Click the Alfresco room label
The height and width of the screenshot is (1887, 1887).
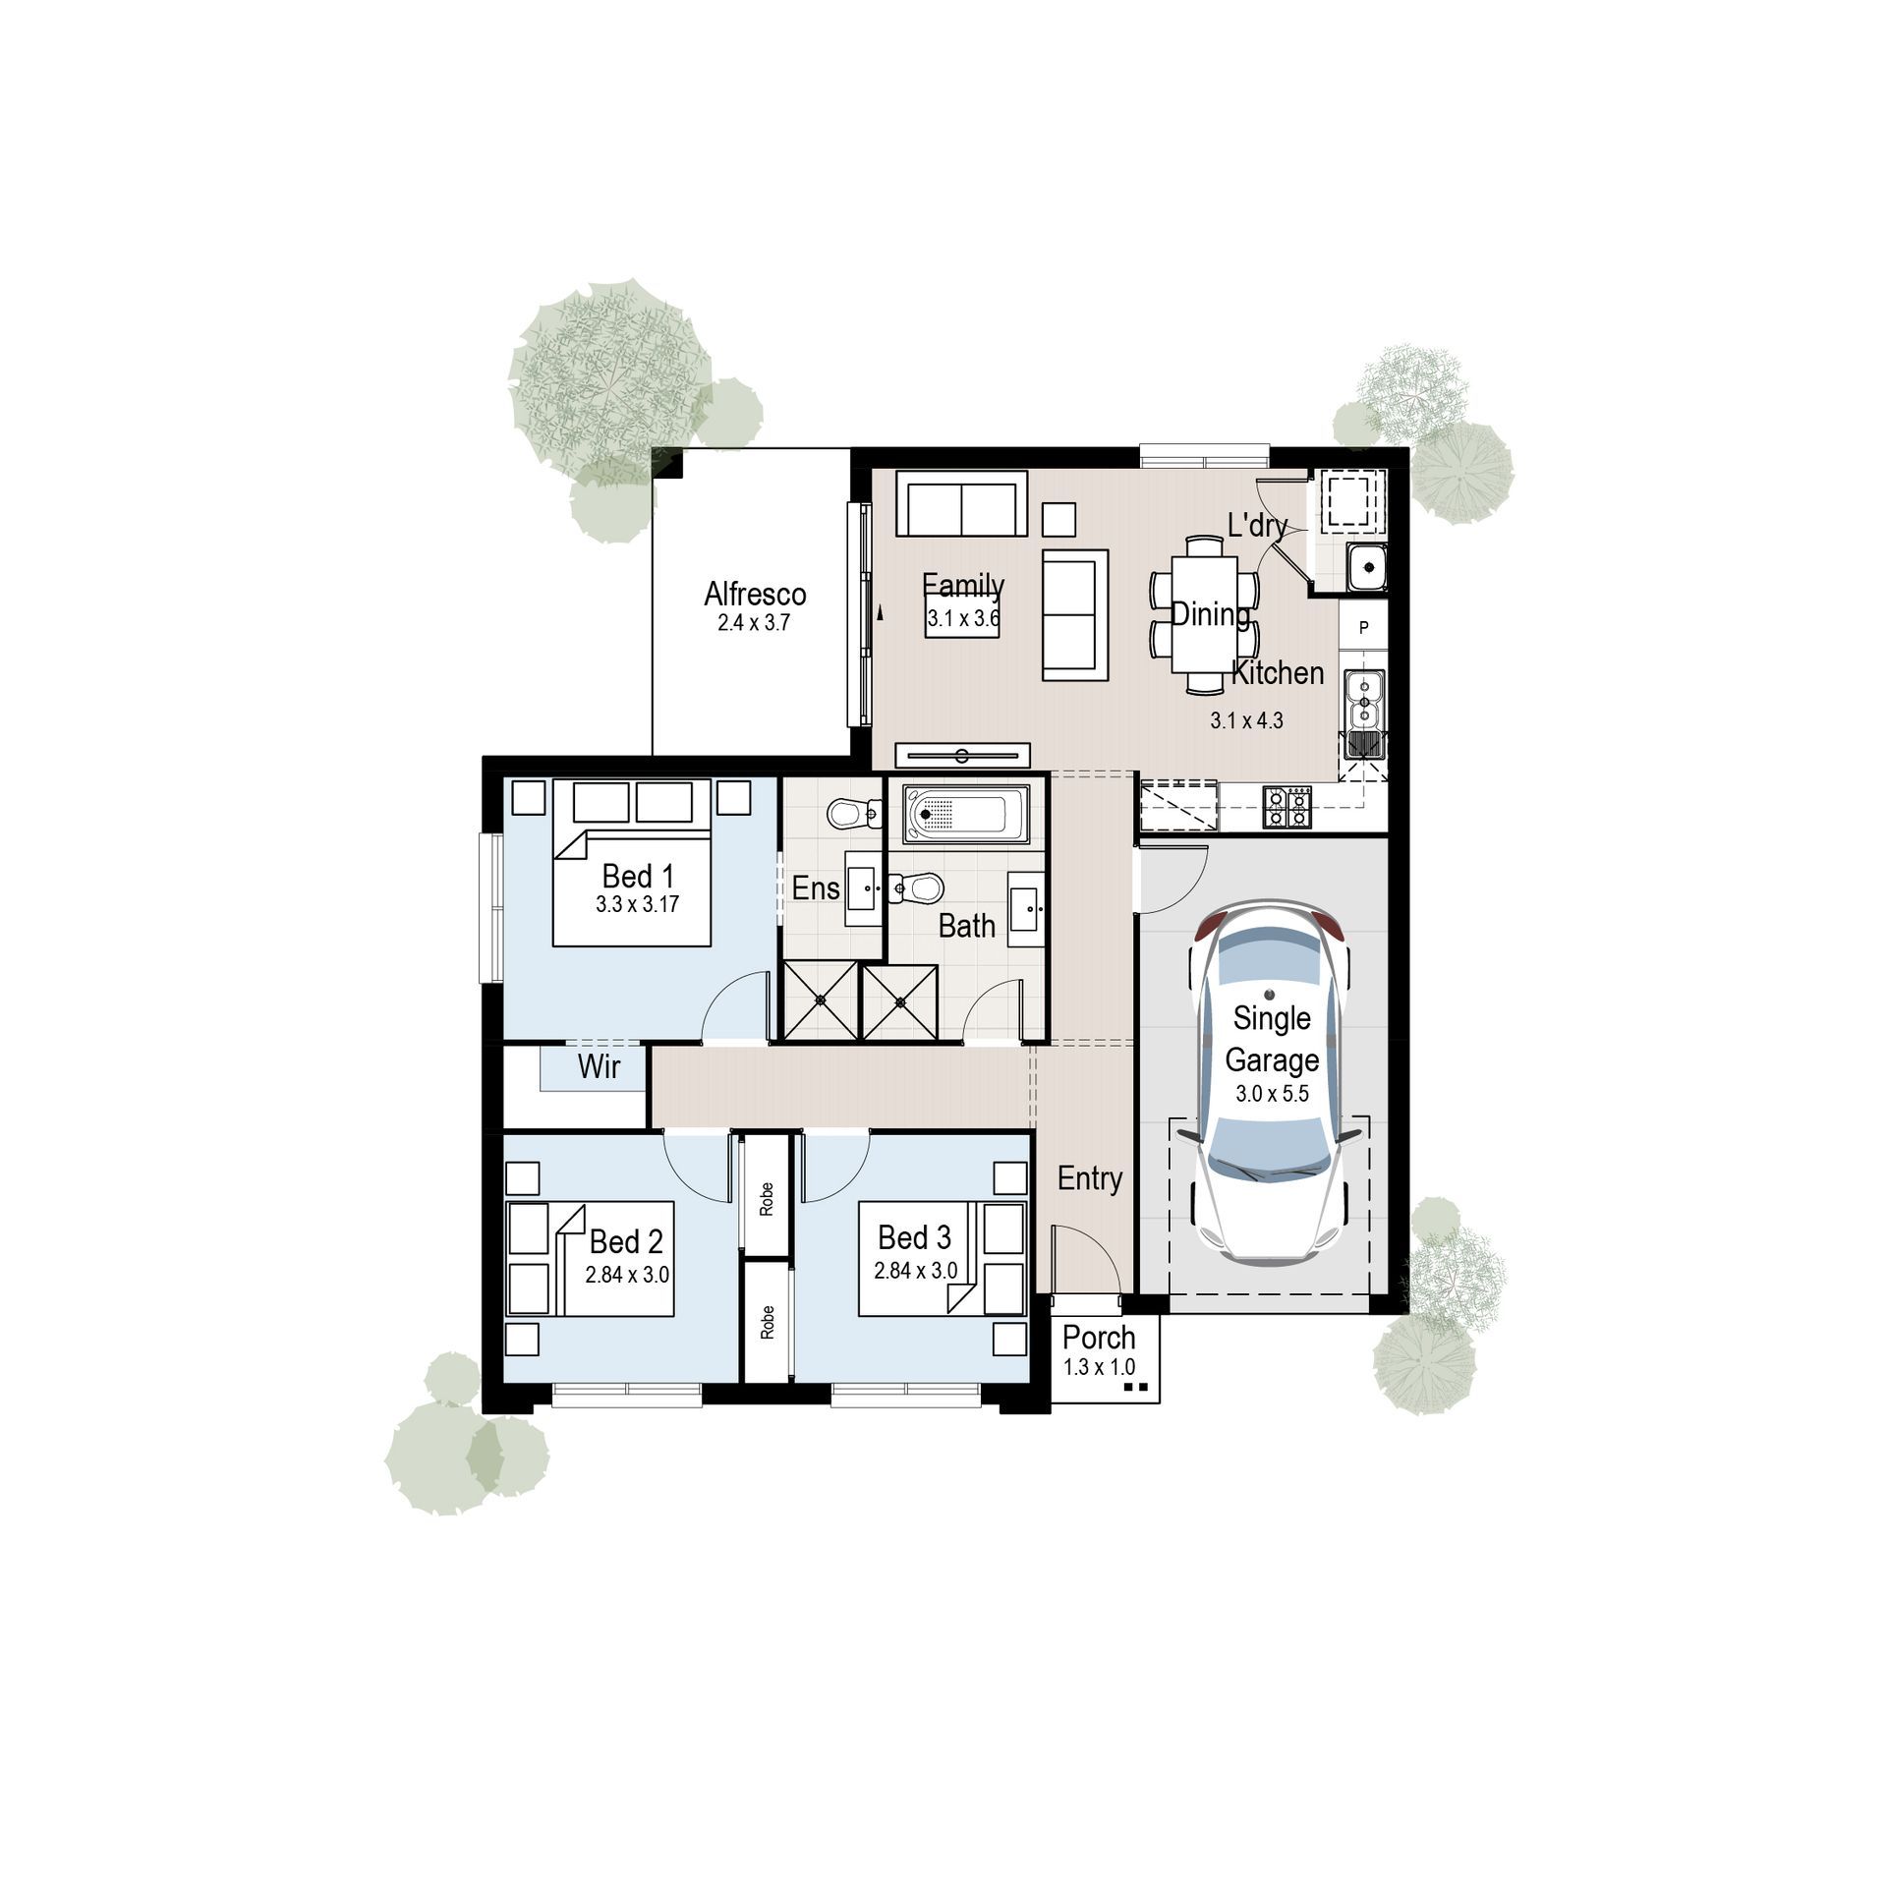(x=755, y=594)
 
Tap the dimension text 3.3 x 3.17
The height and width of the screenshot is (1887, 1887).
(x=637, y=904)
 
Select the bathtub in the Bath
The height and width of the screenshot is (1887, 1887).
(x=965, y=814)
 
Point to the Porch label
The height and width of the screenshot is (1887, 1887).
(x=1099, y=1338)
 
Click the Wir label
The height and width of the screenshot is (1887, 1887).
(x=599, y=1066)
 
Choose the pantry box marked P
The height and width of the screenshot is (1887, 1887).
(x=1364, y=627)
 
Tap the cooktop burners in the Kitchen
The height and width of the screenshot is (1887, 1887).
(x=1287, y=807)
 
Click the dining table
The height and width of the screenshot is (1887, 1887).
(x=1205, y=614)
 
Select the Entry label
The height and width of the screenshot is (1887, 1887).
(x=1089, y=1178)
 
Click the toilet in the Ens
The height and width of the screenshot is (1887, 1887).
(x=854, y=814)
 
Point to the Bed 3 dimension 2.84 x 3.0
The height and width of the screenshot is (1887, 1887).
(x=915, y=1271)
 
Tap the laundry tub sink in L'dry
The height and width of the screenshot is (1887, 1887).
(x=1366, y=566)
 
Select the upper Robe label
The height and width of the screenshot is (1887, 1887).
(x=767, y=1198)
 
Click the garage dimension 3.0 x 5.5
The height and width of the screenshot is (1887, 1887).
(x=1272, y=1094)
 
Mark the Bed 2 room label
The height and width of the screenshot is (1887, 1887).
(x=626, y=1241)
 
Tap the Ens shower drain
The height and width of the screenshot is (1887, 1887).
(x=821, y=1001)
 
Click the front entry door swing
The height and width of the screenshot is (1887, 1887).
(x=1086, y=1262)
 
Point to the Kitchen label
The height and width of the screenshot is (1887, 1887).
(x=1278, y=673)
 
